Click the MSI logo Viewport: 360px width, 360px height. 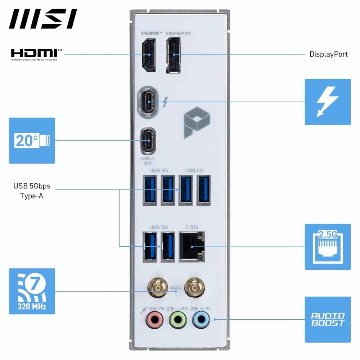pos(43,19)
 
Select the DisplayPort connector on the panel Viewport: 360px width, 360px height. pos(174,55)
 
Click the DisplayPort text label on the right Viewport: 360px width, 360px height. pos(329,54)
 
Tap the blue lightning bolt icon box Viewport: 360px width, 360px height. pos(328,102)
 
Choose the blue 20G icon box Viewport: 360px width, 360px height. pos(32,140)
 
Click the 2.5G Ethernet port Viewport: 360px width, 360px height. pos(192,246)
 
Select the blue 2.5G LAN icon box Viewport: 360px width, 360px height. pos(328,247)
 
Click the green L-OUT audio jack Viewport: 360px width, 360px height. pos(178,319)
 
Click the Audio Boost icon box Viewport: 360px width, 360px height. pos(328,319)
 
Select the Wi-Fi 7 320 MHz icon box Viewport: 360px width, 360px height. pos(32,291)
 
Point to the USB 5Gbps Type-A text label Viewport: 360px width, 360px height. pos(32,191)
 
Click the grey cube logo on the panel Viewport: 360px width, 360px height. pos(197,124)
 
